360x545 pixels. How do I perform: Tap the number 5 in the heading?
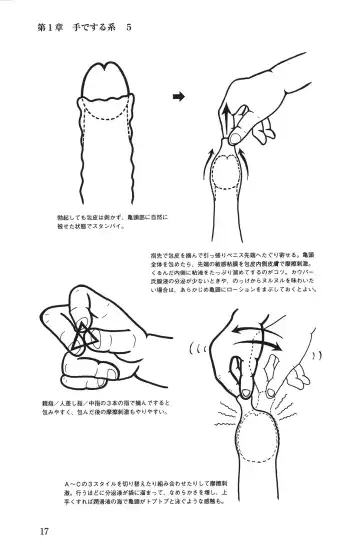(x=128, y=27)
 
